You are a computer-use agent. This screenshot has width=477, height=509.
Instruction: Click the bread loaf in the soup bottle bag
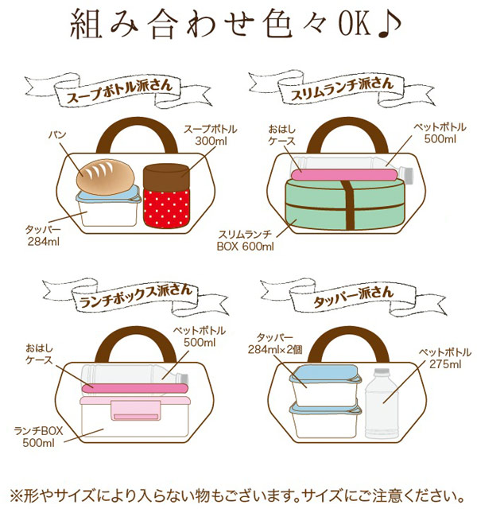pos(106,177)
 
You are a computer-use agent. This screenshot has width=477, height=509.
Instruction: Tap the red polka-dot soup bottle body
pos(166,208)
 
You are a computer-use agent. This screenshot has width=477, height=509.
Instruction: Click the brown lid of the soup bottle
pos(166,177)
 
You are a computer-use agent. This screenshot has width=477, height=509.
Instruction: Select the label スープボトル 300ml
pos(211,135)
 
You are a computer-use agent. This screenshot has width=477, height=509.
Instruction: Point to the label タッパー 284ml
pos(43,235)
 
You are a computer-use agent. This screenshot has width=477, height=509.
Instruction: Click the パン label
pos(57,134)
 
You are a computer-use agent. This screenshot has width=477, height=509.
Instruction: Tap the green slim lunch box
pos(344,204)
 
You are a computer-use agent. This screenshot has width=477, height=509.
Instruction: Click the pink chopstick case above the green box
pos(344,175)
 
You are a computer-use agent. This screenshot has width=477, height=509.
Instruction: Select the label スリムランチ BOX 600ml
pos(246,240)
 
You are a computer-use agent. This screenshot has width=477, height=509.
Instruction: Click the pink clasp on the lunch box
pos(136,410)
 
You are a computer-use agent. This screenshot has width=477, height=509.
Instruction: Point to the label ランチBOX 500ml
pos(38,437)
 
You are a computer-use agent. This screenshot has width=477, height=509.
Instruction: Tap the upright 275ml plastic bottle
pos(382,403)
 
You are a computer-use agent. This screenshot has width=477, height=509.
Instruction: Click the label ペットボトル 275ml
pos(445,358)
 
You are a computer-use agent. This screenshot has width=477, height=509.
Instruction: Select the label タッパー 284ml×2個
pos(275,344)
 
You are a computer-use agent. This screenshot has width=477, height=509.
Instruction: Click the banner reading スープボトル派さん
pos(118,91)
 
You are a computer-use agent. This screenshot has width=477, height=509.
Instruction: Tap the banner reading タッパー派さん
pos(354,297)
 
